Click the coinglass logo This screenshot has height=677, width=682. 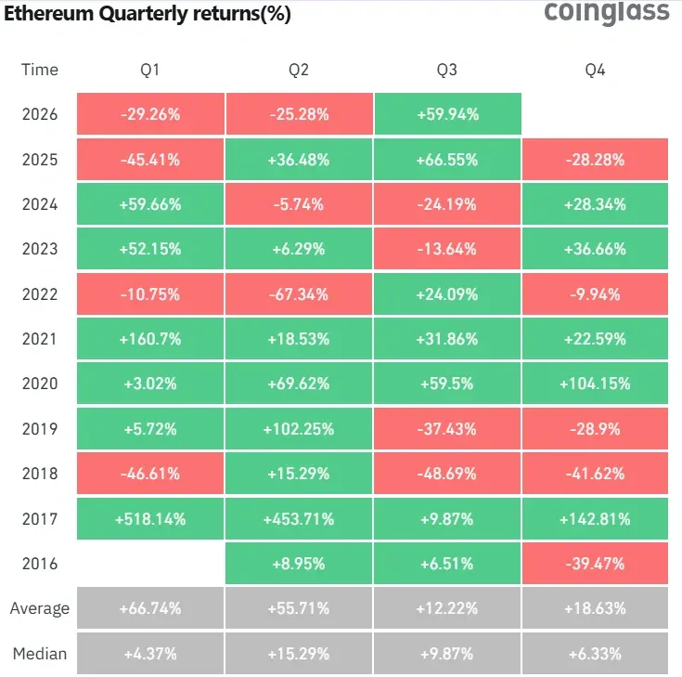point(607,12)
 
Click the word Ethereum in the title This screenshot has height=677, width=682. point(48,14)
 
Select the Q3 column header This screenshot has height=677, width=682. point(446,70)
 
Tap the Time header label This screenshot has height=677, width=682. point(40,70)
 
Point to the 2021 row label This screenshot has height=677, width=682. point(40,339)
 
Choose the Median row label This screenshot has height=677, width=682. point(40,654)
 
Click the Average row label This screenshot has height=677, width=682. point(40,608)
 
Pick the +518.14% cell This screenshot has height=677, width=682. point(150,518)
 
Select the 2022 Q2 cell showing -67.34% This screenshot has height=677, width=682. point(299,294)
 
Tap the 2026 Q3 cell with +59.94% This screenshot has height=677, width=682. point(448,114)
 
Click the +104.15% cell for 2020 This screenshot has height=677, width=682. point(595,384)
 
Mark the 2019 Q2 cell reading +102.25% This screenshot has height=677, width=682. point(299,429)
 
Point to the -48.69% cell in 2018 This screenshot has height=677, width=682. point(447,474)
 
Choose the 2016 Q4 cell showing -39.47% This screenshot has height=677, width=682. point(595,564)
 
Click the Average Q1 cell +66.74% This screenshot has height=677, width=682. point(150,608)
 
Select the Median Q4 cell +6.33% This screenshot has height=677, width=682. point(595,654)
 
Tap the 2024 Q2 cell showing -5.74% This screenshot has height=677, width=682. point(299,204)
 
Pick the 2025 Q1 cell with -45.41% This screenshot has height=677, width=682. point(150,160)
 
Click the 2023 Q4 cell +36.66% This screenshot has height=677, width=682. point(595,249)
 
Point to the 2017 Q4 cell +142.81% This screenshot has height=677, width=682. point(595,518)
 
